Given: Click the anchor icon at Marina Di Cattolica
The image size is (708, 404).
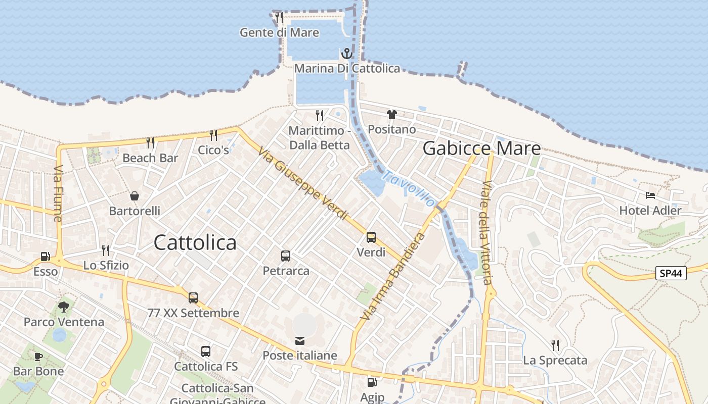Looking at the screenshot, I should pos(347,53).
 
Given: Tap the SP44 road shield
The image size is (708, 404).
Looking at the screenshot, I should pos(671,273).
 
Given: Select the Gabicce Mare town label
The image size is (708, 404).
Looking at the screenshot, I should pos(481,148).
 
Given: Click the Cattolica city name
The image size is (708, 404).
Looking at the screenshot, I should pos(195,243).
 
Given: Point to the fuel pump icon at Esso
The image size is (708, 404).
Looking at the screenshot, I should pos(46,257).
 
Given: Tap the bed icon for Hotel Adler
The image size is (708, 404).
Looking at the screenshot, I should pos(650,195).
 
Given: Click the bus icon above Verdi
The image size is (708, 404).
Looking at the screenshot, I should pos(371,237).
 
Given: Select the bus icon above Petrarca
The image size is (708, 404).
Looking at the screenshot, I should pos(286,256).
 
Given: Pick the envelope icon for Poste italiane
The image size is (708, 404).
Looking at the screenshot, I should pos(300,341).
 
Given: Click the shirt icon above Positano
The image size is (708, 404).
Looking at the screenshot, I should pos(392,115).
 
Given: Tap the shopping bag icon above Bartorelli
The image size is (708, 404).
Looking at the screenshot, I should pos(135,196).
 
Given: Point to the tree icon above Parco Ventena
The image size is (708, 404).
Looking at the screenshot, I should pos(64,307).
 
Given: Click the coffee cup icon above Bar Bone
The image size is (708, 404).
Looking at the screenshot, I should pos(38,357).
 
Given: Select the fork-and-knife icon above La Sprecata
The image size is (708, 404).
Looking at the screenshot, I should pos(555,345).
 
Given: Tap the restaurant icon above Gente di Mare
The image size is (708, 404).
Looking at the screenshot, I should pos(279,18).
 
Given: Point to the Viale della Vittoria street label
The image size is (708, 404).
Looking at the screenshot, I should pos(486,232).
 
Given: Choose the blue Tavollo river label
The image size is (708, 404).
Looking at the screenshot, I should pos(409,188).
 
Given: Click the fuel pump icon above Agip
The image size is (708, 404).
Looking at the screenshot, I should pos(372,383).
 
